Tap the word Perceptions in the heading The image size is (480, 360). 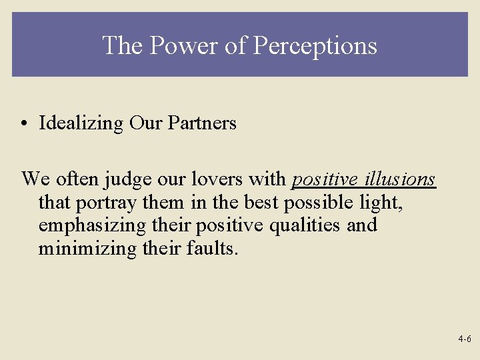click(x=316, y=45)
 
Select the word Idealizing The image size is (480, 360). click(x=81, y=123)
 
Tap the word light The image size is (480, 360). click(x=383, y=203)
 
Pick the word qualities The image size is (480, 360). click(x=306, y=225)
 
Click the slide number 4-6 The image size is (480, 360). click(x=465, y=339)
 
